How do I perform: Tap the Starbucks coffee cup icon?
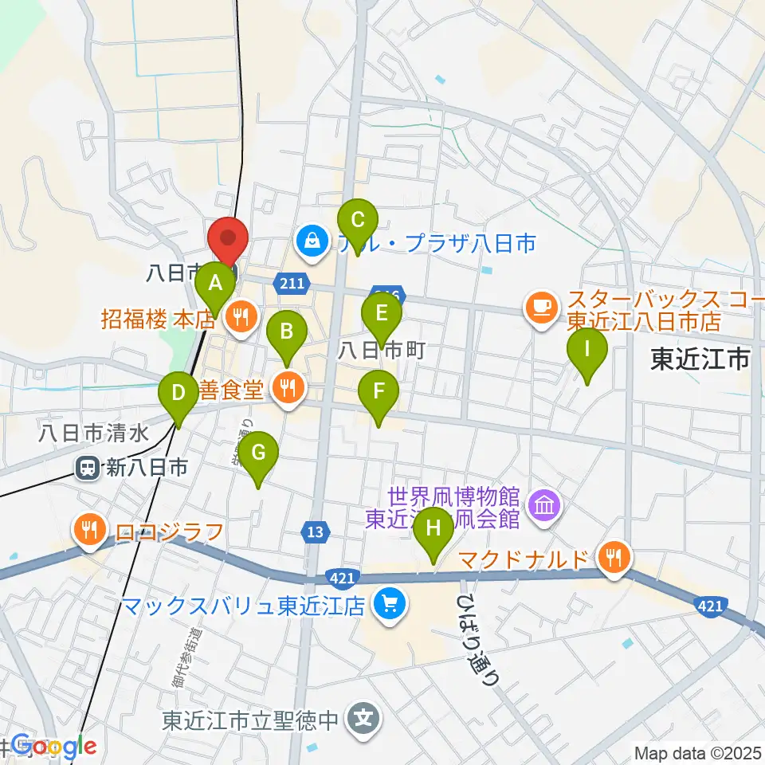pyautogui.click(x=541, y=305)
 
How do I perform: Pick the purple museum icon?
pyautogui.click(x=545, y=504)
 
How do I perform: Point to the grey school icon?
pyautogui.click(x=365, y=720)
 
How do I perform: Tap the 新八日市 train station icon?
pyautogui.click(x=88, y=468)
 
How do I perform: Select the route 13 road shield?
pyautogui.click(x=316, y=532)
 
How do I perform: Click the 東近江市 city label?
pyautogui.click(x=701, y=360)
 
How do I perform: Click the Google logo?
pyautogui.click(x=54, y=747)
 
